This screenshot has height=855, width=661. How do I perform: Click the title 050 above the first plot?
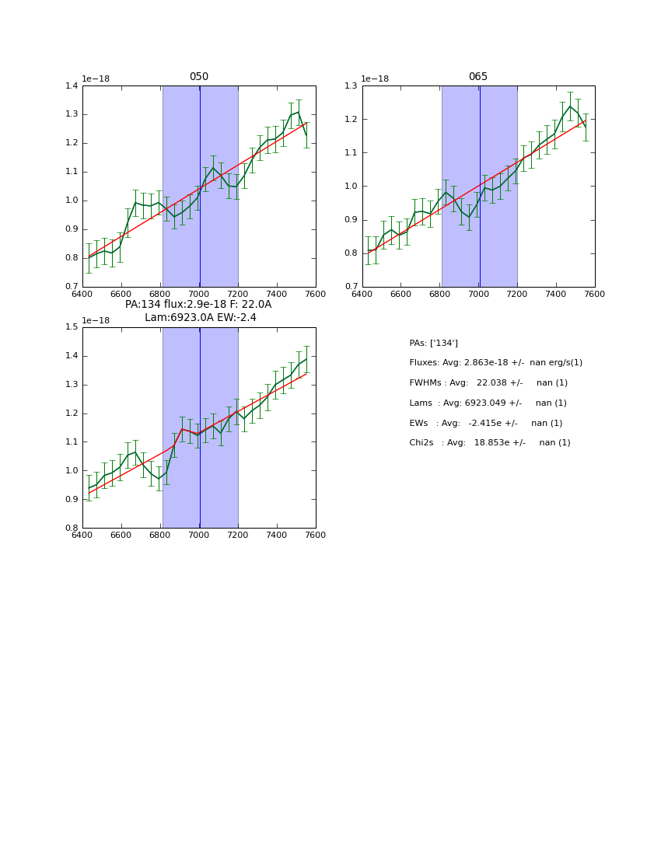[x=199, y=77]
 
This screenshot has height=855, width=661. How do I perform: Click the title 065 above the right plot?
[x=478, y=77]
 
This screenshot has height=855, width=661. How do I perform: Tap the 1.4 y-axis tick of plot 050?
[x=72, y=86]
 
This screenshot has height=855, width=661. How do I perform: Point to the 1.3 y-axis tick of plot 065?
[x=351, y=86]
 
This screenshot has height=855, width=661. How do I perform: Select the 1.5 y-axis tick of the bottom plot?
[x=72, y=327]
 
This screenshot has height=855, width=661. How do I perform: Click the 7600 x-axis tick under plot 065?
[x=595, y=294]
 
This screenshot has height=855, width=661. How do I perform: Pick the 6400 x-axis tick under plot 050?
[x=82, y=294]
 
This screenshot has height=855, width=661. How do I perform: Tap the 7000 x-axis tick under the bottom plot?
[x=199, y=536]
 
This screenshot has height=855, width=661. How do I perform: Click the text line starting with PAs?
[x=433, y=344]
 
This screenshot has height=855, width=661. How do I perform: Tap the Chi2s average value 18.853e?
[x=489, y=443]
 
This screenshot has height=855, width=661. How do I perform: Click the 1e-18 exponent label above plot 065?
[x=375, y=79]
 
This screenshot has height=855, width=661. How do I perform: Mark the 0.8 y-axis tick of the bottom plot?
[x=72, y=529]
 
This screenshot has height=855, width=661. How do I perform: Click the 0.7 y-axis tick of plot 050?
[x=72, y=287]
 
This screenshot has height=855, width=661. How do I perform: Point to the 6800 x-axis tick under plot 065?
[x=440, y=294]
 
